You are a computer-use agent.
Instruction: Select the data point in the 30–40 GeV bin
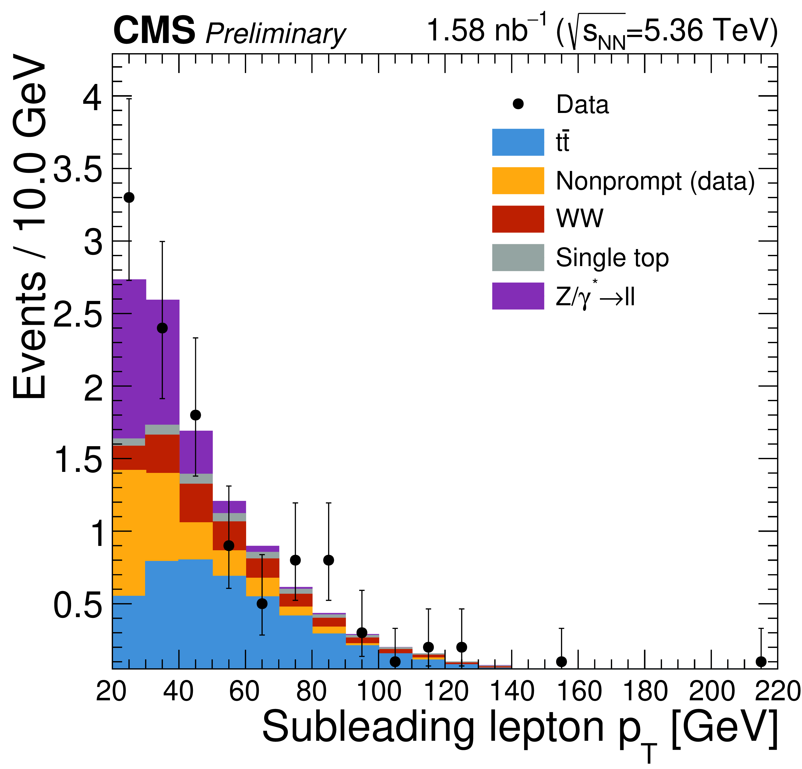click(162, 328)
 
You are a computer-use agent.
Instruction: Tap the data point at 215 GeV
click(761, 661)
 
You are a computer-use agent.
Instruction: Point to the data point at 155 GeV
click(562, 661)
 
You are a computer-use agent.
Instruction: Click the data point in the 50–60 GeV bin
click(229, 546)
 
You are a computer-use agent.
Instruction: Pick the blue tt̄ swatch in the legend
click(518, 142)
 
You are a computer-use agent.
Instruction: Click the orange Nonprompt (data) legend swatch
click(518, 180)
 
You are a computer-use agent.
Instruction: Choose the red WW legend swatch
click(518, 219)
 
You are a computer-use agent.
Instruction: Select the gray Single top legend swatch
click(518, 257)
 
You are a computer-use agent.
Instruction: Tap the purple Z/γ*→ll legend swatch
click(518, 296)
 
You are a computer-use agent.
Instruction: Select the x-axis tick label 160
click(579, 692)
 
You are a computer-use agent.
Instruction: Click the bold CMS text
click(154, 31)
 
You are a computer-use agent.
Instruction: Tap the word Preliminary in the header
click(275, 34)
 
